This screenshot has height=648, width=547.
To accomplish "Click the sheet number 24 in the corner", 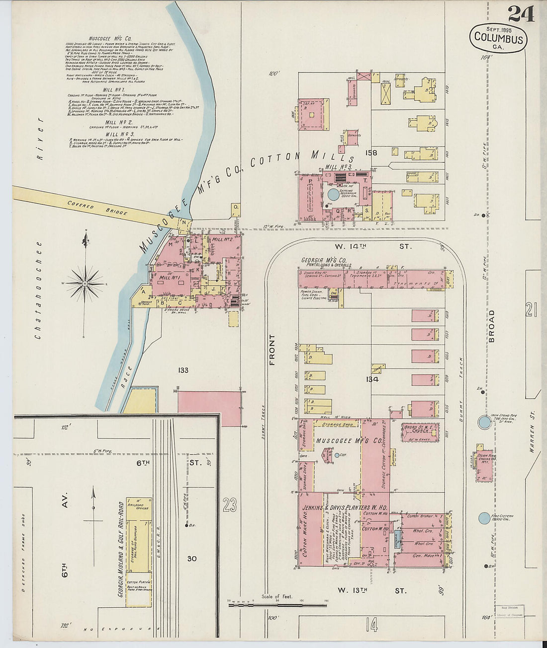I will point(521,13).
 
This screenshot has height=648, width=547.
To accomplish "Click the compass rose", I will point(85,283).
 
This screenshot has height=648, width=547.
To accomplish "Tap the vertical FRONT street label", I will point(272,350).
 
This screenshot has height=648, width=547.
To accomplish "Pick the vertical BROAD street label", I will point(491,326).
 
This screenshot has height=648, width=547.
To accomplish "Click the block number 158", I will point(371,153).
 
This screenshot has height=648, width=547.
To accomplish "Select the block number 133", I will point(183,370).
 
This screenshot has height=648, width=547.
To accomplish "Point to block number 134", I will point(372,379).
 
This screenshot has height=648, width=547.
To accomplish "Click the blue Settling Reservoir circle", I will point(332,194).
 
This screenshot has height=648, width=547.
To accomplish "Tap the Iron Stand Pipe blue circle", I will point(483,423).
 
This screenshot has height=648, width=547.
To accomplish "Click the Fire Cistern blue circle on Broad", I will point(483,518).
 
